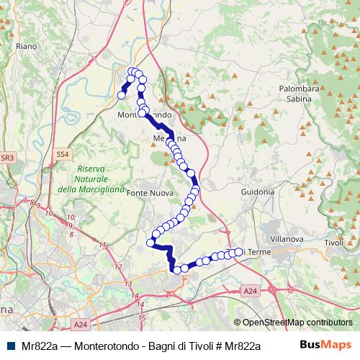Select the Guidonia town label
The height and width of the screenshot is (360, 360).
pyautogui.click(x=258, y=192)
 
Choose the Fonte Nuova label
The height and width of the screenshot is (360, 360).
pyautogui.click(x=148, y=194)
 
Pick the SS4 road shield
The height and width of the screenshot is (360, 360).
pyautogui.click(x=63, y=153)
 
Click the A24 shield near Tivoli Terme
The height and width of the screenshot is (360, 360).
pyautogui.click(x=249, y=290)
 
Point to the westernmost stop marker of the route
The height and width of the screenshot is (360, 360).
pyautogui.click(x=122, y=95)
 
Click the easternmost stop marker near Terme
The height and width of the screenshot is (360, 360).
pyautogui.click(x=238, y=251)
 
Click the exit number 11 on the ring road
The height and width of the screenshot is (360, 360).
pyautogui.click(x=103, y=246)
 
